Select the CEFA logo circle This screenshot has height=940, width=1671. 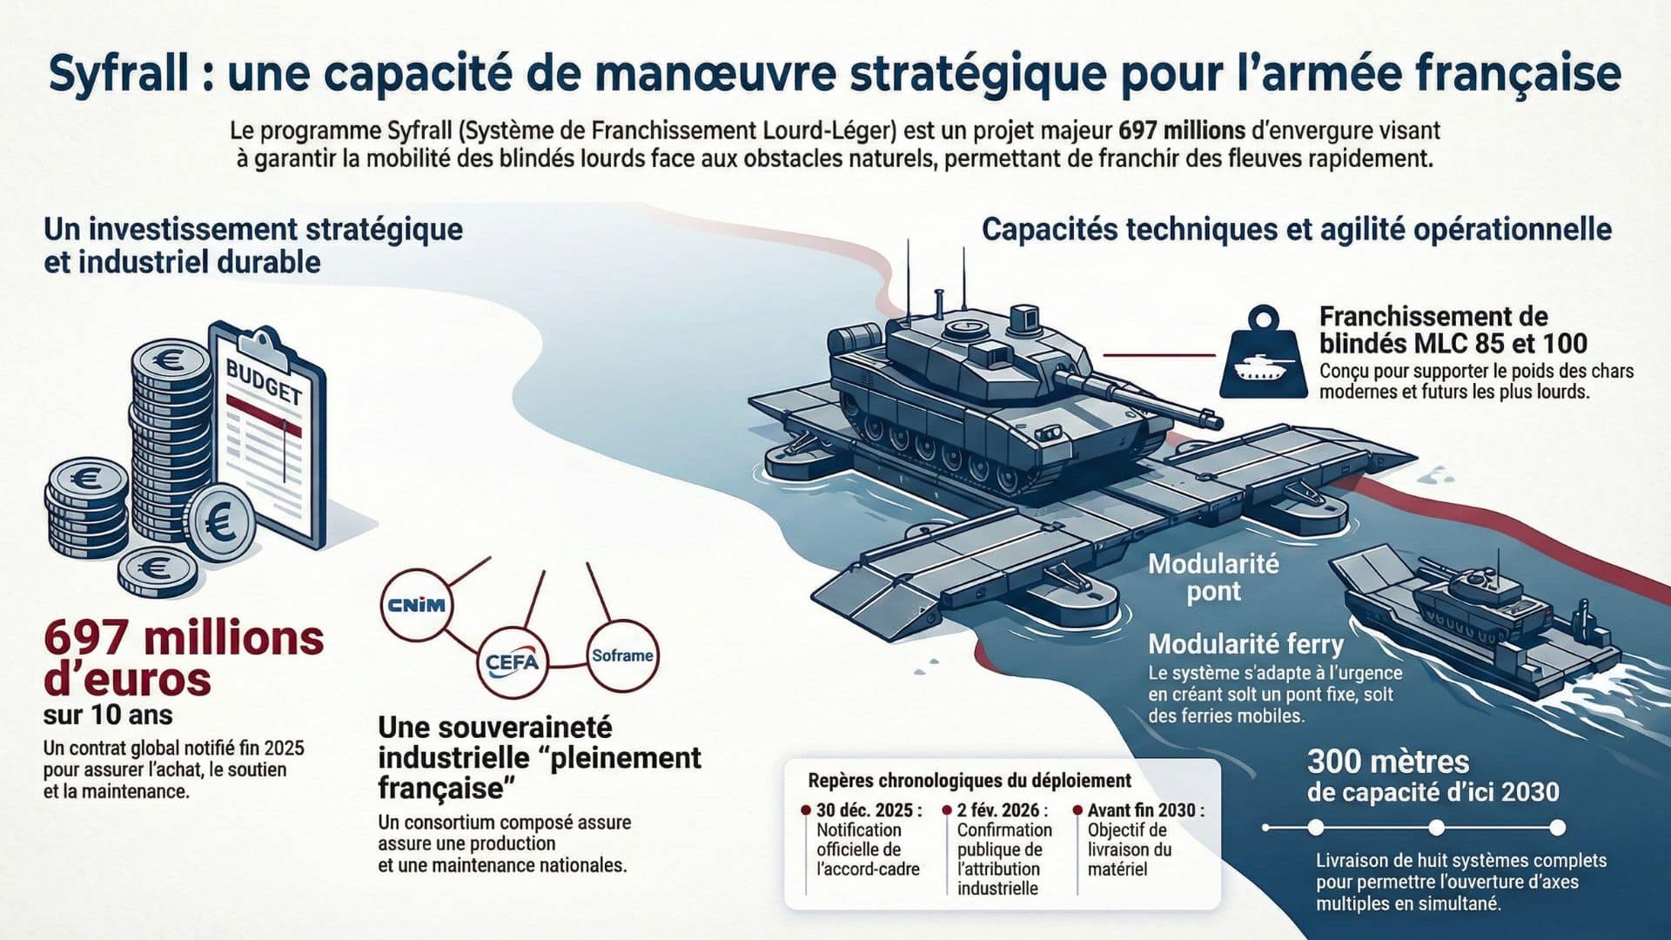click(x=513, y=662)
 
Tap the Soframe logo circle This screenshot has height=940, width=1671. click(x=622, y=655)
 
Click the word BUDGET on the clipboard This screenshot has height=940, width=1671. click(x=264, y=381)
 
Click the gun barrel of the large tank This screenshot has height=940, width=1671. click(x=1140, y=395)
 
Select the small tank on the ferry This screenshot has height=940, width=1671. click(x=1471, y=601)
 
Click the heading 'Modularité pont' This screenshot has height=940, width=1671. click(x=1213, y=577)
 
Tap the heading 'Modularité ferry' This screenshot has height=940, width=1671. click(x=1245, y=644)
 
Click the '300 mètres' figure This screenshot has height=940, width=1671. click(x=1387, y=762)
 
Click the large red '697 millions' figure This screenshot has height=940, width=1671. click(x=184, y=639)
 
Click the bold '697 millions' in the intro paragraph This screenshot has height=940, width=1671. click(x=1181, y=131)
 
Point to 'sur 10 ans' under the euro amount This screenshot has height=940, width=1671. click(x=108, y=715)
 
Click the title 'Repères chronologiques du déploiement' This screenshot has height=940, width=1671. click(x=970, y=781)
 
